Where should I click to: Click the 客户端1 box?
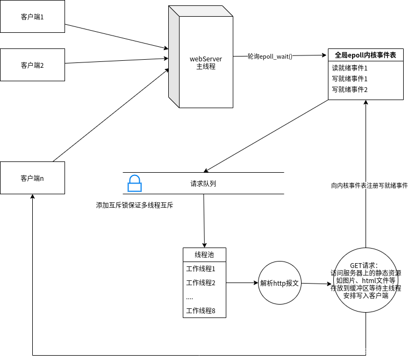pyautogui.click(x=32, y=17)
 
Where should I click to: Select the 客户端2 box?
pyautogui.click(x=32, y=65)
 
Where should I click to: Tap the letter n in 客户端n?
pyautogui.click(x=42, y=178)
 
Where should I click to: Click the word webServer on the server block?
pyautogui.click(x=206, y=59)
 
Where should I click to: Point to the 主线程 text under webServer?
pyautogui.click(x=206, y=67)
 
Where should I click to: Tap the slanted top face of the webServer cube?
pyautogui.click(x=201, y=11)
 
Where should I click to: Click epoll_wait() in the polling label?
pyautogui.click(x=276, y=57)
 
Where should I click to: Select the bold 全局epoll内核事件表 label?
pyautogui.click(x=366, y=55)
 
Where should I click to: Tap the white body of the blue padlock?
pyautogui.click(x=134, y=187)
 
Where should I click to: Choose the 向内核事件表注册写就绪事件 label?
pyautogui.click(x=369, y=186)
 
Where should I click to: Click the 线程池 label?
pyautogui.click(x=204, y=255)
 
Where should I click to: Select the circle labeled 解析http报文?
pyautogui.click(x=280, y=283)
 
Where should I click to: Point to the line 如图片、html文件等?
pyautogui.click(x=366, y=280)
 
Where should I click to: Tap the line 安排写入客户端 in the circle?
pyautogui.click(x=366, y=295)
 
